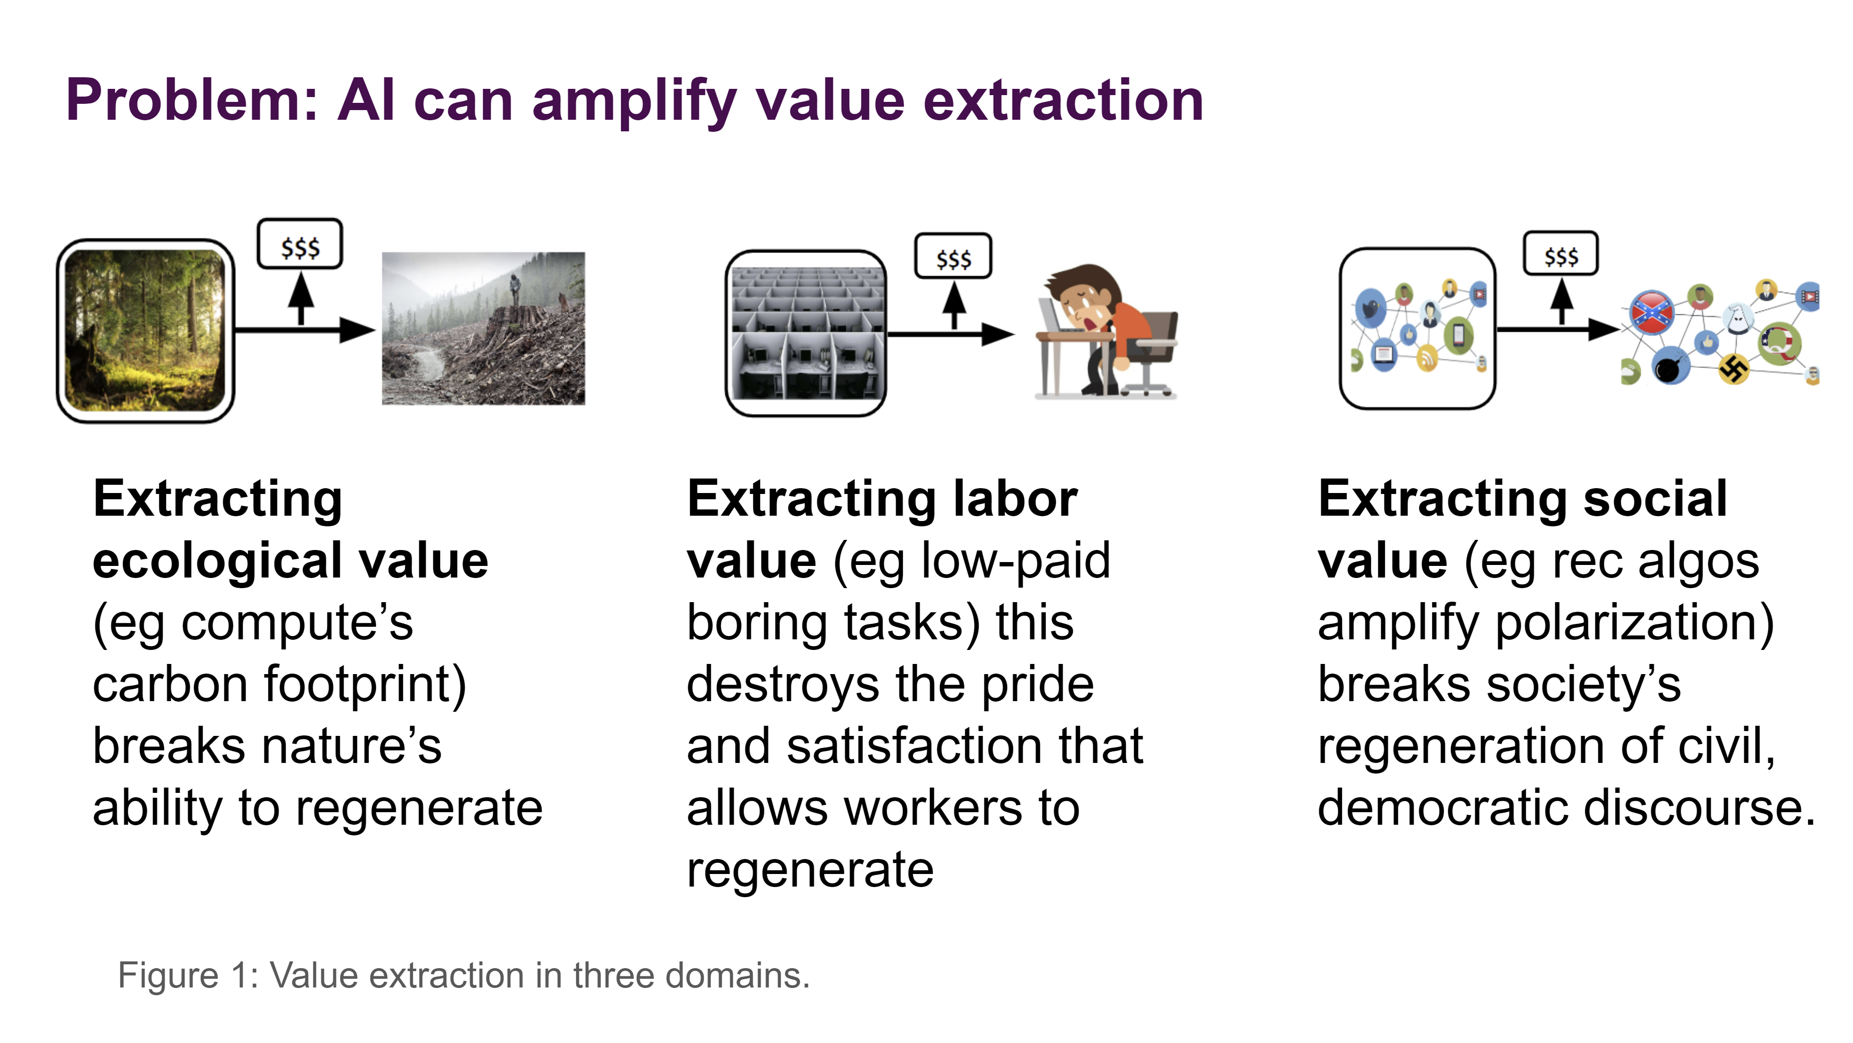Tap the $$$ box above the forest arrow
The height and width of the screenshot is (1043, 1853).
(300, 244)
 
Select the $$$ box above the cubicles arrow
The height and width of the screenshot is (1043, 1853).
(953, 255)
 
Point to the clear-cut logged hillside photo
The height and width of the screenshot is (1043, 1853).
(484, 328)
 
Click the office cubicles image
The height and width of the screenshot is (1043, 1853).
(806, 333)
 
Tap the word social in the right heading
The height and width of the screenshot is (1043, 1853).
(1655, 498)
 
